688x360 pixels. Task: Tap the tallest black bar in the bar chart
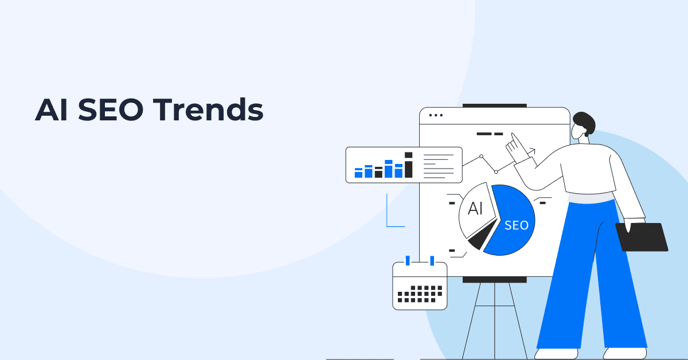pos(408,165)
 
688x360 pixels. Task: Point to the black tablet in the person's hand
pos(642,237)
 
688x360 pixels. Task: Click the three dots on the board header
pos(436,115)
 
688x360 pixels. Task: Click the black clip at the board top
pos(494,105)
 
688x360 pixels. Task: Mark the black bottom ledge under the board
pos(494,280)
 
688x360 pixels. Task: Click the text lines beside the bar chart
pos(438,165)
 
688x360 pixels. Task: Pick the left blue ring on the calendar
pos(408,261)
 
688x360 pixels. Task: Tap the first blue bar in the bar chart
pos(359,172)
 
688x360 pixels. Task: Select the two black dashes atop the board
pos(490,134)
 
